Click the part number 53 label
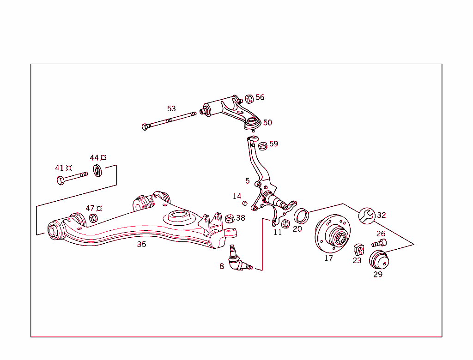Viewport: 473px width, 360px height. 171,109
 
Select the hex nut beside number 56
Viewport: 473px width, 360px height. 249,98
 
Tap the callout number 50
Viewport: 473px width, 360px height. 267,123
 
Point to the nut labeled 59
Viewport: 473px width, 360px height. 263,146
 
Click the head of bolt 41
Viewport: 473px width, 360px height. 61,180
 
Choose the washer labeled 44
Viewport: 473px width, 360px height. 97,171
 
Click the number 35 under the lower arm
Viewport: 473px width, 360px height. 141,245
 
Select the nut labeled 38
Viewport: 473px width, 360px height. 229,218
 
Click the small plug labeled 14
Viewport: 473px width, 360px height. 245,204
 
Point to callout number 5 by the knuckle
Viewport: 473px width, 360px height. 248,181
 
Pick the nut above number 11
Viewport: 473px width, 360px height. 285,224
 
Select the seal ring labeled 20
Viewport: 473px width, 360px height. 301,215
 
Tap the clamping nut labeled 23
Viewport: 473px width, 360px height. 358,250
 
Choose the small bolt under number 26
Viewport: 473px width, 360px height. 379,243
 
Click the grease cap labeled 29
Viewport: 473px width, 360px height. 378,259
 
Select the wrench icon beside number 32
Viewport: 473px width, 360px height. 367,216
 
